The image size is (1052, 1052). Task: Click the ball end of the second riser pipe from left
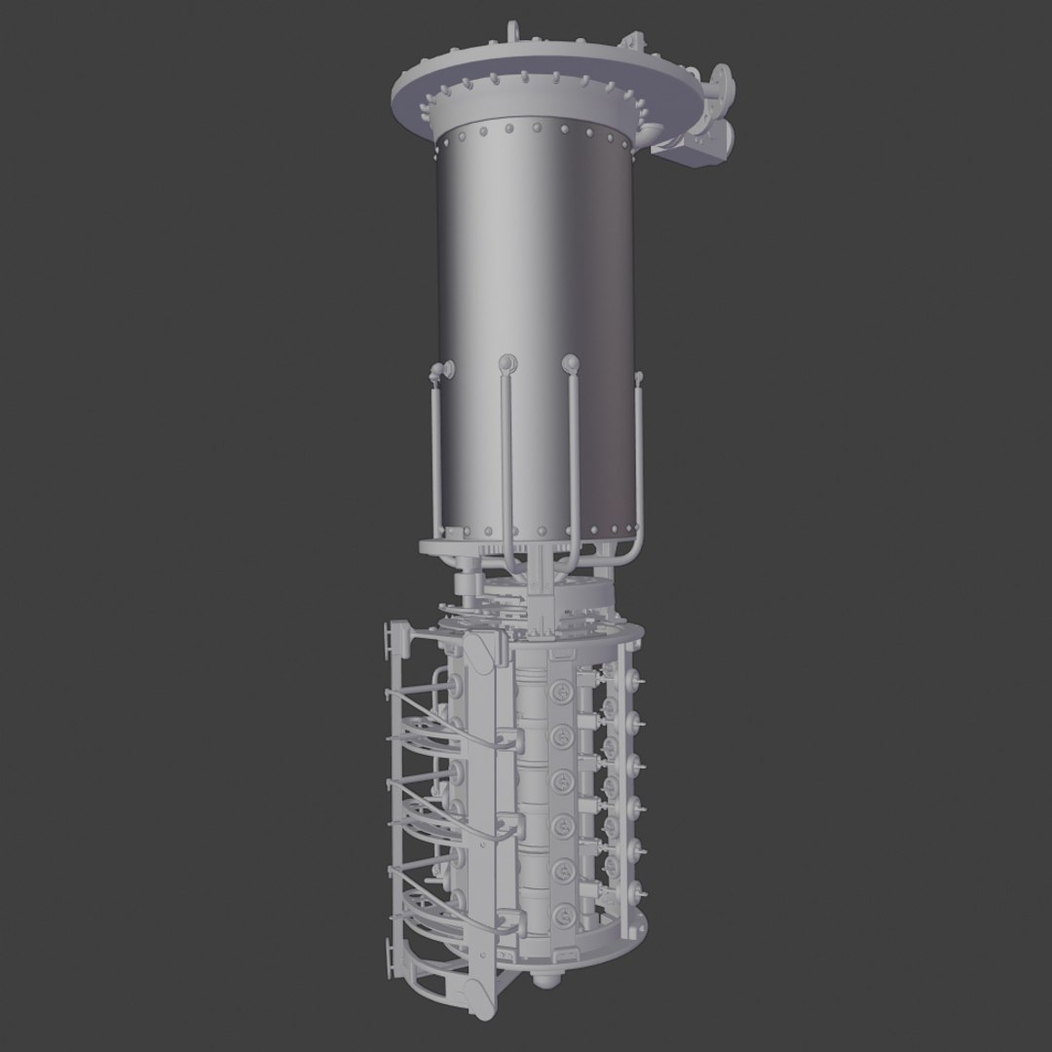pos(505,363)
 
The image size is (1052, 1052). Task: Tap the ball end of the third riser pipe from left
pos(572,363)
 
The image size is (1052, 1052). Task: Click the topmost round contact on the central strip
pos(563,690)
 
